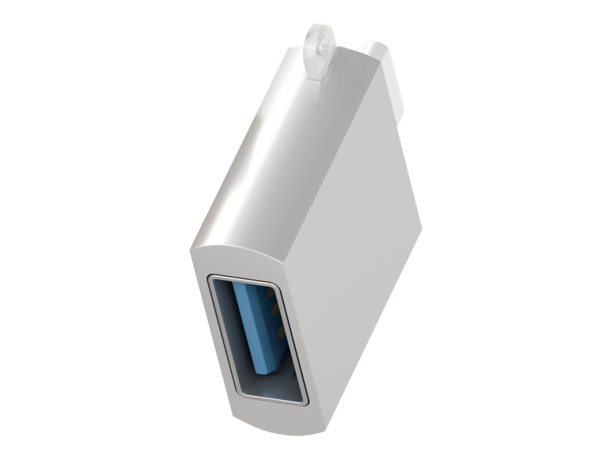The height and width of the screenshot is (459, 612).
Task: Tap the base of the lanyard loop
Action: (319, 74)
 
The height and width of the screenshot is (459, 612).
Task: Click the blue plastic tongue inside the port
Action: (258, 326)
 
